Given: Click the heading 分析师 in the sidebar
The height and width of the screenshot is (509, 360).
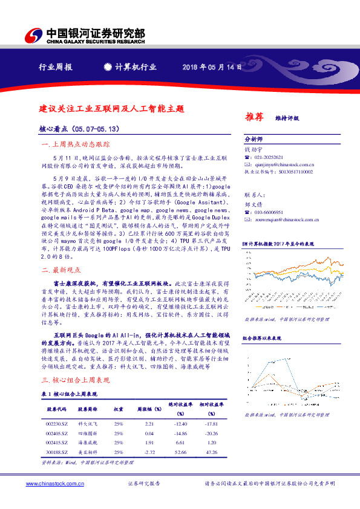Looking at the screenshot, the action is pyautogui.click(x=253, y=138).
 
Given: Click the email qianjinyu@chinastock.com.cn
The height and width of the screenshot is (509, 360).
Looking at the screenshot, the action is pyautogui.click(x=284, y=164).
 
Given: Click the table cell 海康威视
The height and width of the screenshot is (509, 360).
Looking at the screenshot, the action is pyautogui.click(x=87, y=443).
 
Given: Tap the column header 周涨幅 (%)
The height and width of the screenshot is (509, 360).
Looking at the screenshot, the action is pyautogui.click(x=149, y=409).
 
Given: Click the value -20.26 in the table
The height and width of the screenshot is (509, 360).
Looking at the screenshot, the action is pyautogui.click(x=211, y=434).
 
